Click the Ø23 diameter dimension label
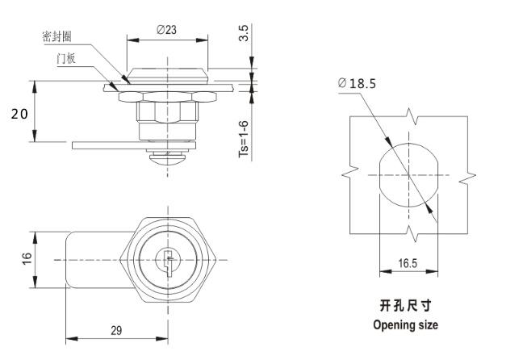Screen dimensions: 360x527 167,29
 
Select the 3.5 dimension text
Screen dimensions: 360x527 245,34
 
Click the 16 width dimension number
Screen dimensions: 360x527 26,259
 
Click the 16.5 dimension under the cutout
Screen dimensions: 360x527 408,263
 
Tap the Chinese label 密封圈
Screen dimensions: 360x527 58,36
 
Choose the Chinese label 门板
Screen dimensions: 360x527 67,59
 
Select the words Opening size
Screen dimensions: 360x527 406,325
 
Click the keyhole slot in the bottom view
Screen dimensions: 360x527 166,260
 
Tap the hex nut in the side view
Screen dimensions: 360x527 168,96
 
